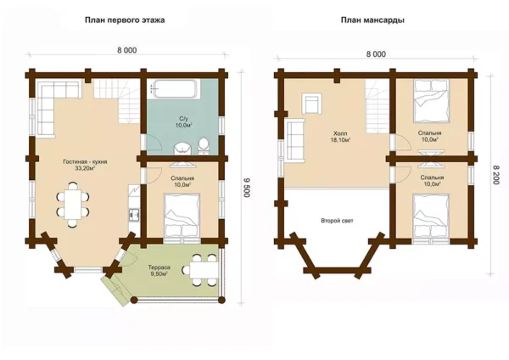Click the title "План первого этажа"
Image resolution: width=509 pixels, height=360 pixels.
click(125, 20)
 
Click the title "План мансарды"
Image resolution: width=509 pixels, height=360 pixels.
click(372, 20)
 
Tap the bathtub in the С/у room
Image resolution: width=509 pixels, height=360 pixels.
click(175, 88)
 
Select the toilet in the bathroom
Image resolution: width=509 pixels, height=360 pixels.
click(204, 145)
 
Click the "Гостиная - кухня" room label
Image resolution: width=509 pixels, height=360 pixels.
click(85, 162)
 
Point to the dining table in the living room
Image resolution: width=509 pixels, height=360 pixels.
click(73, 205)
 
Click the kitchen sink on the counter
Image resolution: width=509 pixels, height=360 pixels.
click(134, 214)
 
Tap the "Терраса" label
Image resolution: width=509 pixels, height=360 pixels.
click(159, 267)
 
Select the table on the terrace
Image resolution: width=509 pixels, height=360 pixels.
click(204, 270)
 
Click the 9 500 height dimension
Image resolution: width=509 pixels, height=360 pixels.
click(246, 187)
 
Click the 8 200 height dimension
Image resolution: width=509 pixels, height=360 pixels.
click(495, 174)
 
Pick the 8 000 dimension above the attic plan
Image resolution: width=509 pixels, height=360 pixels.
click(376, 54)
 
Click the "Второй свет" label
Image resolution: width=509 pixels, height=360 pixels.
click(337, 221)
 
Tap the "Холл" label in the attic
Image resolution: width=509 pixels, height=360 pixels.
click(340, 133)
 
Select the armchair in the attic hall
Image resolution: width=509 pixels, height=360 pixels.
click(312, 104)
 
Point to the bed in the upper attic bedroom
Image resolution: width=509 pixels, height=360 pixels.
click(432, 101)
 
